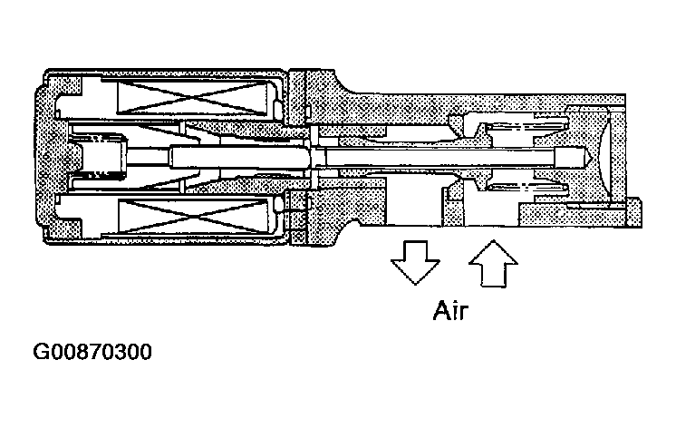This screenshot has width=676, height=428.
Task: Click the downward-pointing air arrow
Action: point(416,262)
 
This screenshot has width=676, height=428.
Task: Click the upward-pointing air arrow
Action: point(493,264)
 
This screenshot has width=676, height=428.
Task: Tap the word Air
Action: point(450,311)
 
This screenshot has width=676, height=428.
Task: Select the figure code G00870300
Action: point(92,352)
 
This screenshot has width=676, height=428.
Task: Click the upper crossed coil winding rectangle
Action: point(196,98)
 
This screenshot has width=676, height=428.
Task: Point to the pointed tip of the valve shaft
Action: point(589,157)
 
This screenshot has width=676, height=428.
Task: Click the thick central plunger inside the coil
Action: point(240,157)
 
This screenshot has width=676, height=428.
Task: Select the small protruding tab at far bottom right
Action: point(633,212)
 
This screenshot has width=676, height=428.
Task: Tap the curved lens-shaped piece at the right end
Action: point(603,157)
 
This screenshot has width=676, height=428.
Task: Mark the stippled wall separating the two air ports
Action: point(453,207)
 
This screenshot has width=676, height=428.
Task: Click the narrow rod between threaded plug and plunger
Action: point(149,157)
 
